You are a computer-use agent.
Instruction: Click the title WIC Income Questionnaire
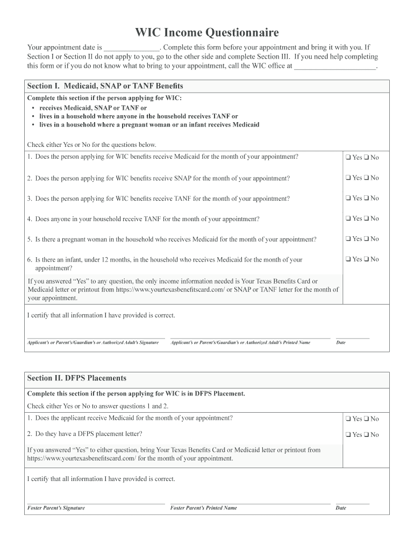pyautogui.click(x=207, y=33)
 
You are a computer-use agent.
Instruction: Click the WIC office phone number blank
pyautogui.click(x=336, y=67)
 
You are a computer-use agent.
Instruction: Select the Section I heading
pyautogui.click(x=105, y=86)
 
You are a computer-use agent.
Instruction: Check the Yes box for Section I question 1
pyautogui.click(x=348, y=158)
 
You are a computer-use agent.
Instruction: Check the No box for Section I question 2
pyautogui.click(x=366, y=178)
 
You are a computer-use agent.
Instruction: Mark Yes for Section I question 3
pyautogui.click(x=348, y=199)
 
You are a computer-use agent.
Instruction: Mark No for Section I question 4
pyautogui.click(x=366, y=219)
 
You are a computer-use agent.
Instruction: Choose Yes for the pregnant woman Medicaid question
pyautogui.click(x=348, y=239)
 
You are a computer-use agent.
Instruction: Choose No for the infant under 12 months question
pyautogui.click(x=366, y=259)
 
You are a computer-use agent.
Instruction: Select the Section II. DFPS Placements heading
pyautogui.click(x=77, y=378)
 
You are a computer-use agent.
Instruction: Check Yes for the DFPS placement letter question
pyautogui.click(x=348, y=435)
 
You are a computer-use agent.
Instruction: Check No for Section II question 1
pyautogui.click(x=366, y=419)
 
